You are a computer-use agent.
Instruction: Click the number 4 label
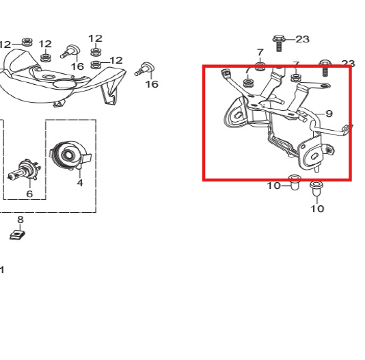(80, 183)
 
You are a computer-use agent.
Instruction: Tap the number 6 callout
(29, 194)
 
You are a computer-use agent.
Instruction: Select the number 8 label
(21, 220)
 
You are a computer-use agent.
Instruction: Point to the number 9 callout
(329, 114)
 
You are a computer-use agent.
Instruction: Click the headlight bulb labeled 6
(24, 170)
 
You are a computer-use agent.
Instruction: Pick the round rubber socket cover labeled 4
(70, 154)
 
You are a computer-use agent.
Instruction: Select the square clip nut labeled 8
(17, 235)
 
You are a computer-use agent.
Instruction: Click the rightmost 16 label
(152, 84)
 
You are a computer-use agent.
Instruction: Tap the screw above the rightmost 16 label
(145, 69)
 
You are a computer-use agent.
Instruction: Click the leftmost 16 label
(77, 66)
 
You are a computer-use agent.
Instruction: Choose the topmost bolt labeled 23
(279, 43)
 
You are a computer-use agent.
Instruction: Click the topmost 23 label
(302, 39)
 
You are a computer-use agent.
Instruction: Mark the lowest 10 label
(317, 209)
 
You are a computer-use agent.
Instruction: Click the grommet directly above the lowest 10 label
(316, 189)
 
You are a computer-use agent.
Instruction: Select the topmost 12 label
(96, 38)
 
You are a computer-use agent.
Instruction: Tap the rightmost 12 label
(116, 60)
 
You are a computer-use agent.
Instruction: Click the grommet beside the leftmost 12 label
(27, 42)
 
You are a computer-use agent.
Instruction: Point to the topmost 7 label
(260, 52)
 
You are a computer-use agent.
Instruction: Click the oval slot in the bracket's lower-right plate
(313, 157)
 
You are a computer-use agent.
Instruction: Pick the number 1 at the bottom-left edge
(2, 270)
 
